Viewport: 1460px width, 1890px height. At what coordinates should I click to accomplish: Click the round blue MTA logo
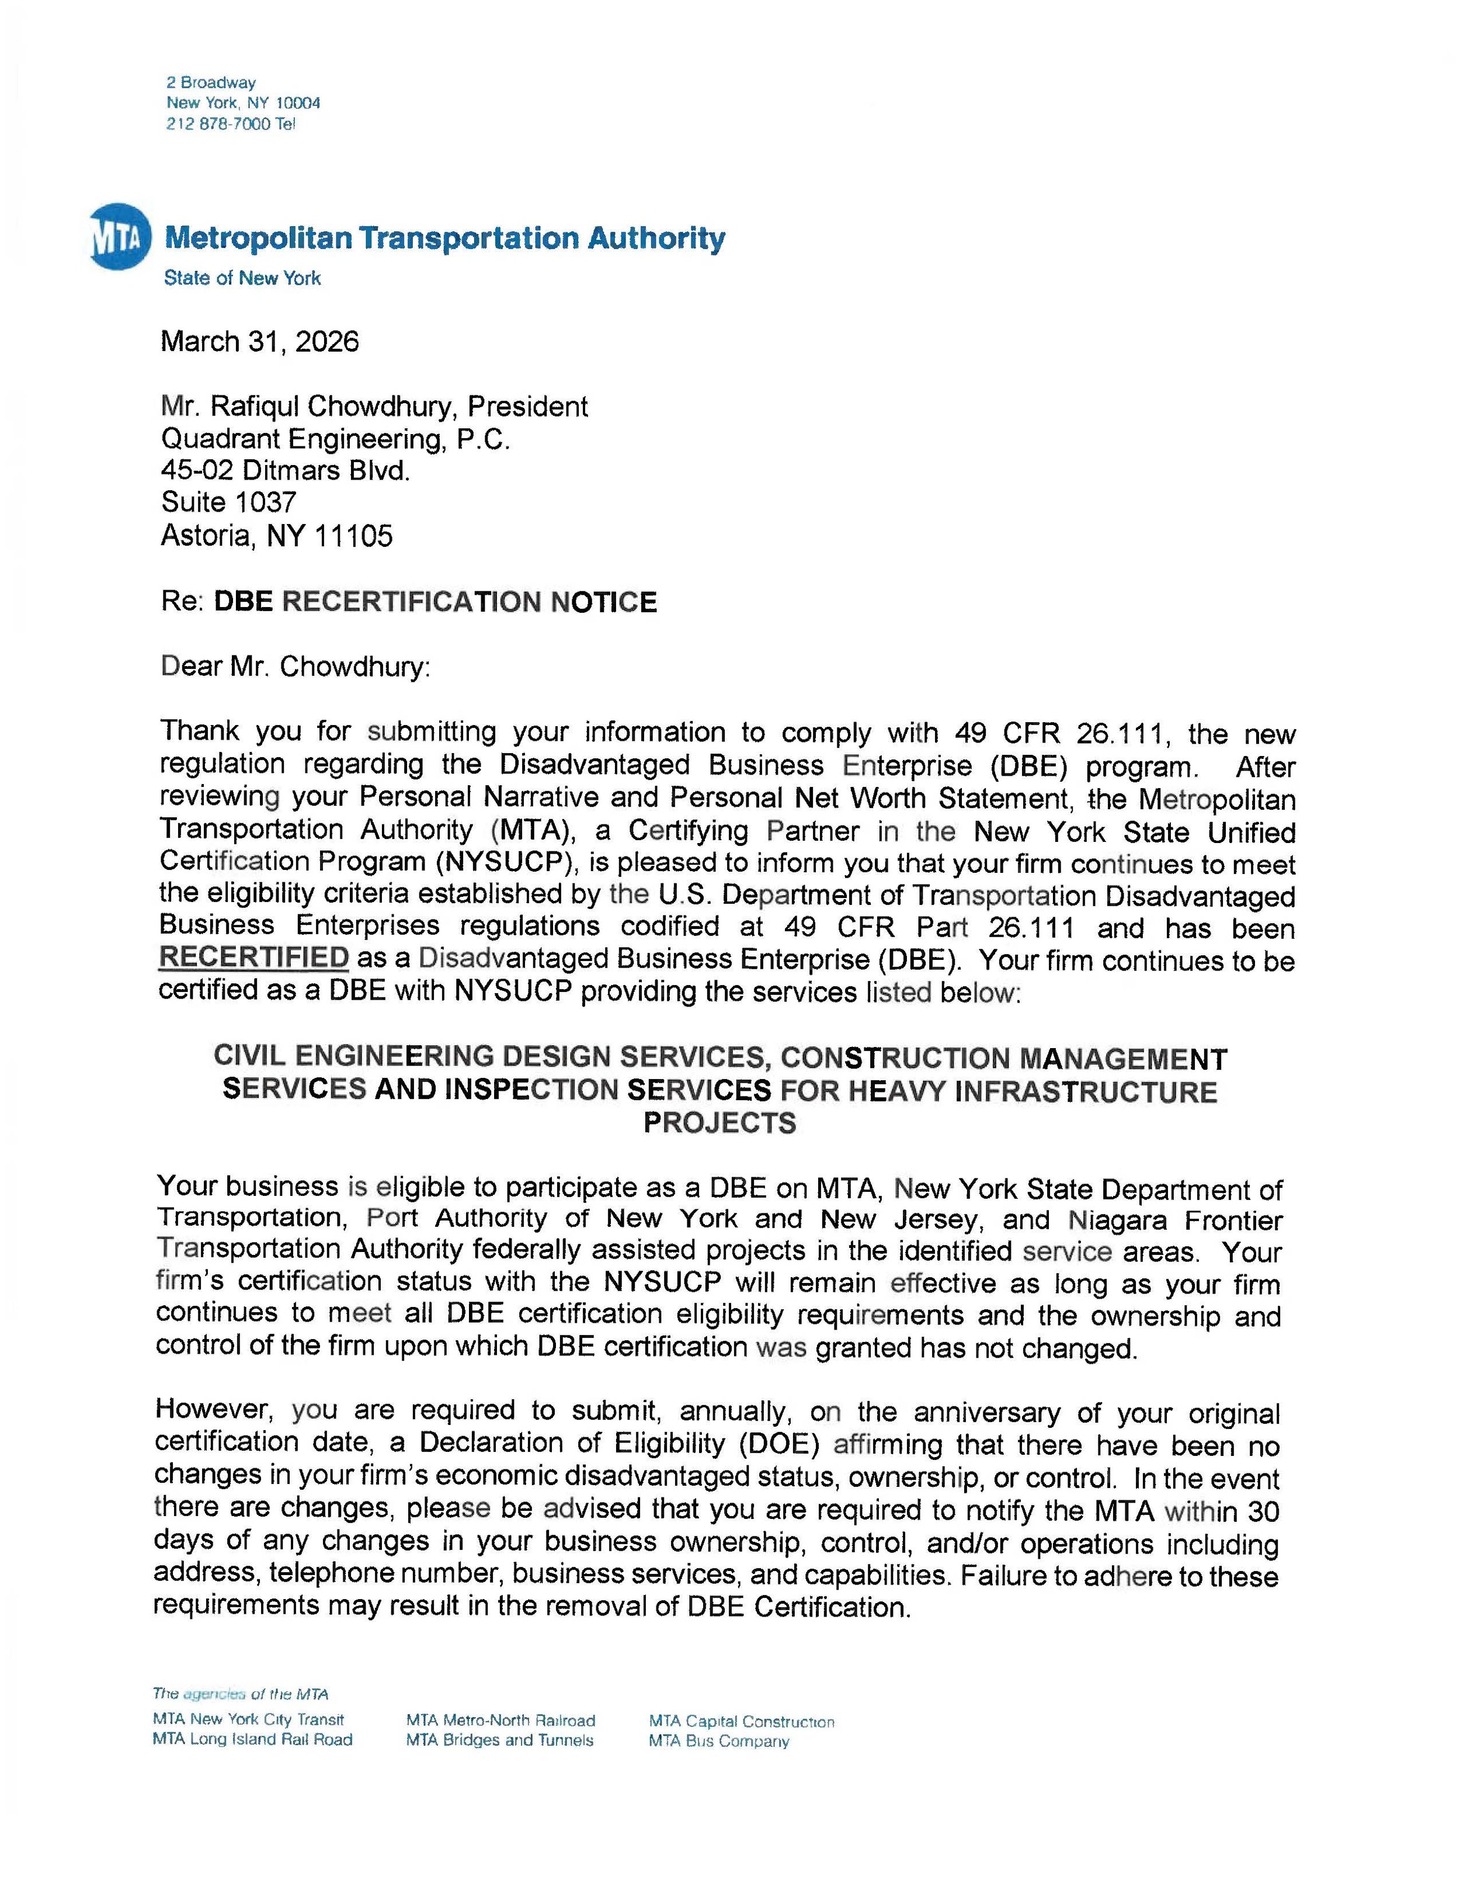120,236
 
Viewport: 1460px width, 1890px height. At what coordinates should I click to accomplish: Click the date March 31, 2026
259,342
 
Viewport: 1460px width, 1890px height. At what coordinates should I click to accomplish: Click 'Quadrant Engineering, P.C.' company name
336,439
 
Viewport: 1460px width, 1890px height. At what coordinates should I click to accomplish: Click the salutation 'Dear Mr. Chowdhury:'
295,667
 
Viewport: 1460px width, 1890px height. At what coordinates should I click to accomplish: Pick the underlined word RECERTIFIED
254,958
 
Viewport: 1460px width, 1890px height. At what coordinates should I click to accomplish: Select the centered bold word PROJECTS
719,1123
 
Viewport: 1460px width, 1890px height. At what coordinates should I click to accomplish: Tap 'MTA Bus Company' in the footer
719,1741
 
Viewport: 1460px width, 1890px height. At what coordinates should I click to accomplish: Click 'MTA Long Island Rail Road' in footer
252,1739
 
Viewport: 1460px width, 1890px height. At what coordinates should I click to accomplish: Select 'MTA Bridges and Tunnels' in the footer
500,1740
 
